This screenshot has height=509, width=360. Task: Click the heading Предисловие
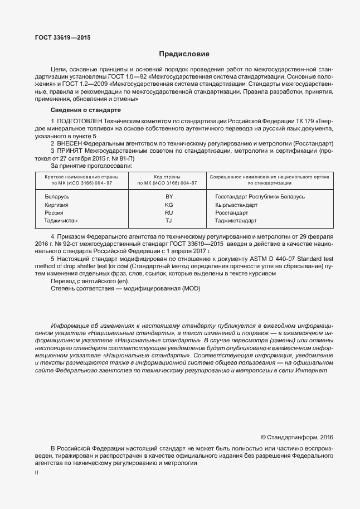point(184,54)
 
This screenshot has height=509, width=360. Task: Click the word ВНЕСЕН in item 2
point(70,143)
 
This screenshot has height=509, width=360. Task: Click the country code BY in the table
point(169,197)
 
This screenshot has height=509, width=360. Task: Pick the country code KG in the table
point(169,205)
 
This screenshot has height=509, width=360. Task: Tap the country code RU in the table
point(169,212)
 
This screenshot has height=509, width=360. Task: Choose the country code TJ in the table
point(169,220)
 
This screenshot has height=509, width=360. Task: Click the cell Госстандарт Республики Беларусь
point(260,197)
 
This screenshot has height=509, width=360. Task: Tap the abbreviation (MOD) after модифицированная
point(188,289)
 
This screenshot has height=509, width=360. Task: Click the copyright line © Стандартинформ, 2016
point(296,437)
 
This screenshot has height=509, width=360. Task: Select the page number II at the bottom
point(36,472)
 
